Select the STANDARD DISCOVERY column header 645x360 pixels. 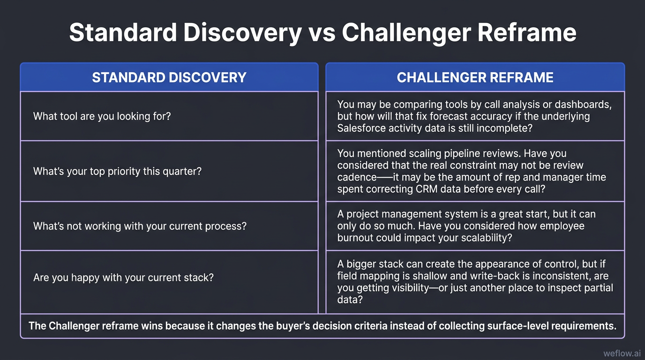pyautogui.click(x=169, y=77)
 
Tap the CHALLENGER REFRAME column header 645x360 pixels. pyautogui.click(x=475, y=77)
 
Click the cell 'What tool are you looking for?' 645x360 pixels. pyautogui.click(x=102, y=116)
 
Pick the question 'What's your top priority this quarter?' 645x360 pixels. pyautogui.click(x=117, y=171)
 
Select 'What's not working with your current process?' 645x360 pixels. pyautogui.click(x=140, y=226)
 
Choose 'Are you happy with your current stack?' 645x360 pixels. pyautogui.click(x=123, y=277)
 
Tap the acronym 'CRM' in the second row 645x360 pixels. pyautogui.click(x=427, y=189)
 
